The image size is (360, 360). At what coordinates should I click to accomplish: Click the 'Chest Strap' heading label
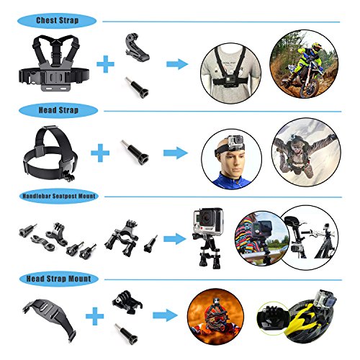57,21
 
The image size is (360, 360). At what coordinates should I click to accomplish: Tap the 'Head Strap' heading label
58,110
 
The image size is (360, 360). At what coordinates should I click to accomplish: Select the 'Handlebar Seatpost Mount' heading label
59,196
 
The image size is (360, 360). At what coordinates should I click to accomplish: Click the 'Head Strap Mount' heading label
59,279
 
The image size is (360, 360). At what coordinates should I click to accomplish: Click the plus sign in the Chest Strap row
105,64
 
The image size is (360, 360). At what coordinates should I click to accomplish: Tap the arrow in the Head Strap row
176,153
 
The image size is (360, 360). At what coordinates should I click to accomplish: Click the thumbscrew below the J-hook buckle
138,88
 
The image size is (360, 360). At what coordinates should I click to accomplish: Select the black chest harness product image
54,63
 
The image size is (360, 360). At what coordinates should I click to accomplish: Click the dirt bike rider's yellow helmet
317,47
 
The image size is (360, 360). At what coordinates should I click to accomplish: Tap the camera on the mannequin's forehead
235,143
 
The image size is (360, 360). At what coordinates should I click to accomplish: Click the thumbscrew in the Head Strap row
135,153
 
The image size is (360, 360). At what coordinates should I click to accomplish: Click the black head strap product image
51,153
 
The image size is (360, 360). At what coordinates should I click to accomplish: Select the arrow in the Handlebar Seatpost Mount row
175,239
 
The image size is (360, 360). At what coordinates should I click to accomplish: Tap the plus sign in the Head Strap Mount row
95,316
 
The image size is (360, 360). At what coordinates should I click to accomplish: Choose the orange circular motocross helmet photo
215,317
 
